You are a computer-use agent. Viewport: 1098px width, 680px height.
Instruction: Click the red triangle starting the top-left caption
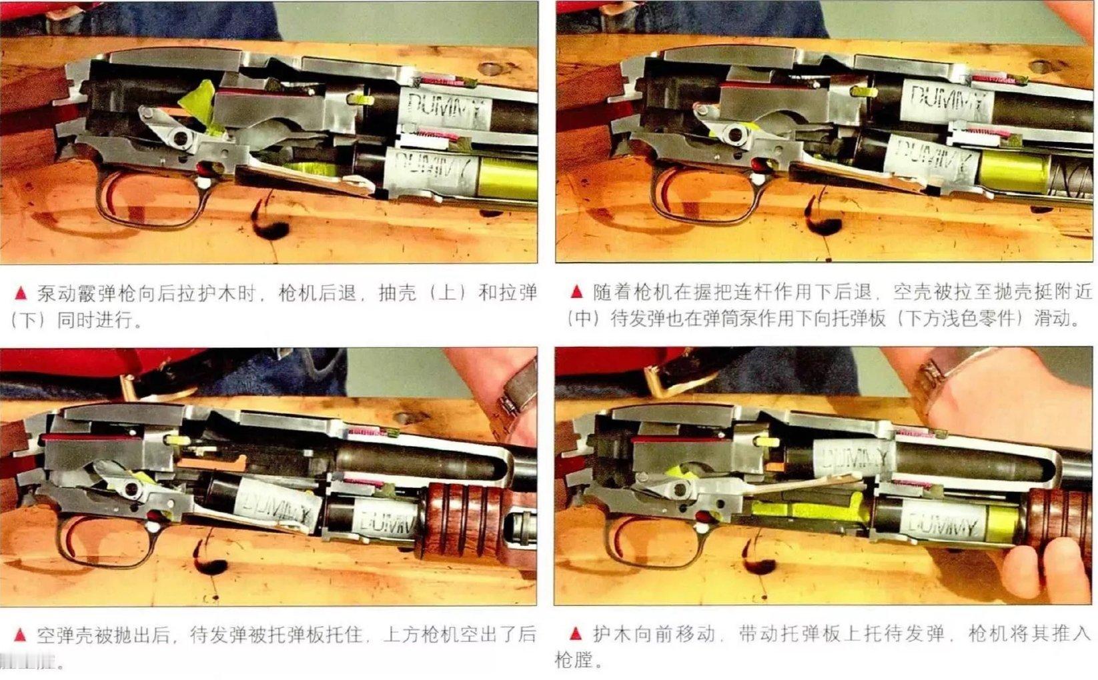(21, 293)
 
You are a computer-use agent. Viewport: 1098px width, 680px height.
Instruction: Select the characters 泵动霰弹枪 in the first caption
(77, 293)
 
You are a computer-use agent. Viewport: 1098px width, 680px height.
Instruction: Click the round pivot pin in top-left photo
(179, 139)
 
